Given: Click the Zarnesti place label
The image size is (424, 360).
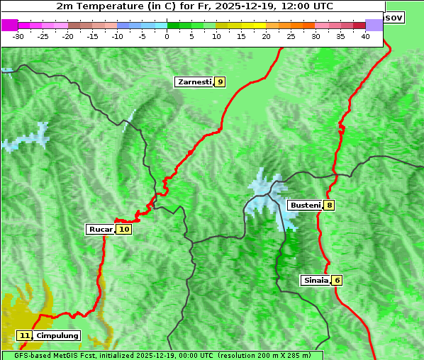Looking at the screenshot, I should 194,82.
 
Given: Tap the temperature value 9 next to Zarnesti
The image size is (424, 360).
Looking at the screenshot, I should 221,82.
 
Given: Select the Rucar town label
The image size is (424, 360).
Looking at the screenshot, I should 101,229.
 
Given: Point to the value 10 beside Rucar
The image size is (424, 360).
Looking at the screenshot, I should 124,229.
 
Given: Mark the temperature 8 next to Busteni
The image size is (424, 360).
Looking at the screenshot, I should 330,206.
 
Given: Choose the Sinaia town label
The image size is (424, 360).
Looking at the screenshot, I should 316,280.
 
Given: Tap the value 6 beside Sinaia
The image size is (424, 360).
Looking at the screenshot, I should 337,280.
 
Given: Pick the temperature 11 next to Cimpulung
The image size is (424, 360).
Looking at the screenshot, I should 24,335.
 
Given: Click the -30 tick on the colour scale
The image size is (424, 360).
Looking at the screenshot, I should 18,36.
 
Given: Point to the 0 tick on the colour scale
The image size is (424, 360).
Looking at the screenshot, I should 167,36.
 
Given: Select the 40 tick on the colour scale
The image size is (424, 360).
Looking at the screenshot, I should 365,36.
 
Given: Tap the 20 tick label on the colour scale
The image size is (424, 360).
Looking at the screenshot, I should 266,36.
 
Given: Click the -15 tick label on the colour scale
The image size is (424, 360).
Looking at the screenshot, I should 92,36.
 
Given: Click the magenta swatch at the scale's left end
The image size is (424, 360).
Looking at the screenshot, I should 9,25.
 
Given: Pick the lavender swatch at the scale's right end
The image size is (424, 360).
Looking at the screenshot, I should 374,25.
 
